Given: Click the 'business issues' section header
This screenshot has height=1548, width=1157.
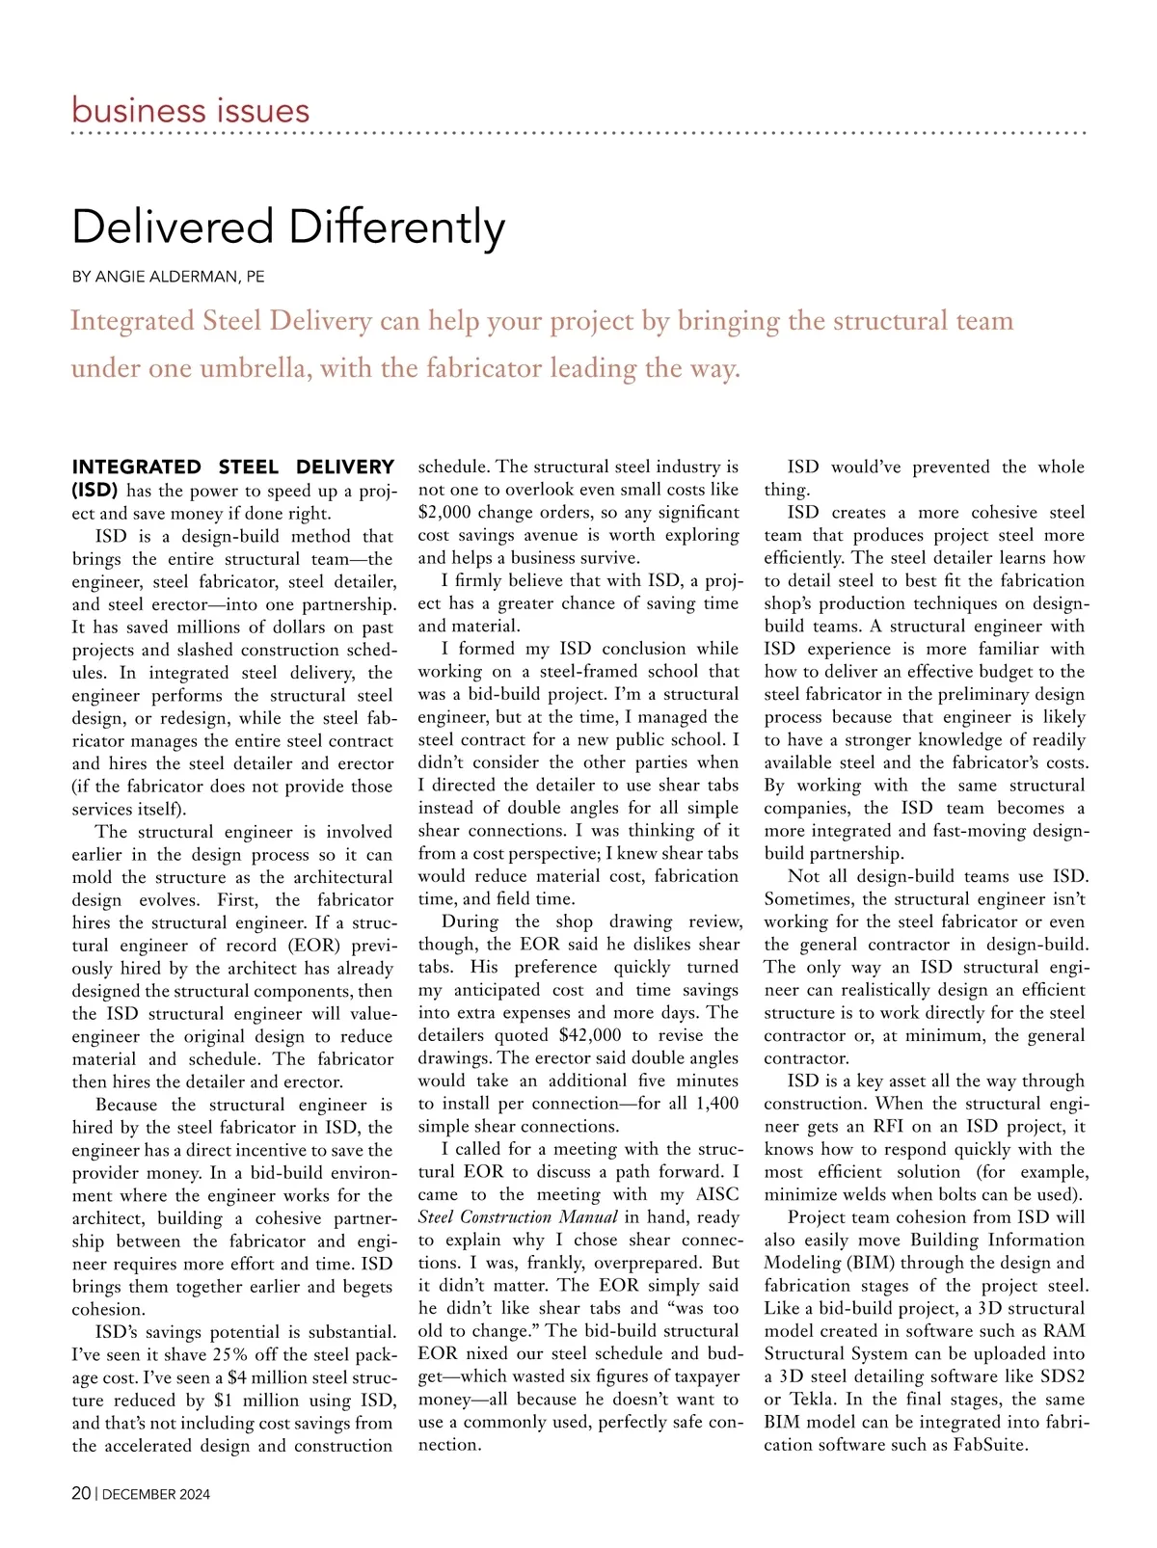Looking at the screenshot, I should pyautogui.click(x=191, y=111).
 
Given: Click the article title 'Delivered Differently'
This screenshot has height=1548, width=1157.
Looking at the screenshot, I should pyautogui.click(x=288, y=227).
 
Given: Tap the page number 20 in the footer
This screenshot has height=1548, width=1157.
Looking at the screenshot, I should pyautogui.click(x=81, y=1493).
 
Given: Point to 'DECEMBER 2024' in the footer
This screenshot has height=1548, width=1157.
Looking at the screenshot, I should pyautogui.click(x=156, y=1494).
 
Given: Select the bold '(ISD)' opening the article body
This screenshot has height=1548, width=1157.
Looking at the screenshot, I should pyautogui.click(x=94, y=490).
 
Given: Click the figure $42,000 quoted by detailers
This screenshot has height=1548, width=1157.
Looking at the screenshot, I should pyautogui.click(x=590, y=1035).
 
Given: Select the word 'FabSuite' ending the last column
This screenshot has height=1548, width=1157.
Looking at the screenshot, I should pyautogui.click(x=990, y=1445).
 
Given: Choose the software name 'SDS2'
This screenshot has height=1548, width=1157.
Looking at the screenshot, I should pyautogui.click(x=1063, y=1376).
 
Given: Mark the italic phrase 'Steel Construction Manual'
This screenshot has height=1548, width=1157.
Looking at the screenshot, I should pyautogui.click(x=518, y=1217).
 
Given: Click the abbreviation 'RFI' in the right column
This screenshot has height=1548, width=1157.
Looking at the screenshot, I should pyautogui.click(x=888, y=1127).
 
